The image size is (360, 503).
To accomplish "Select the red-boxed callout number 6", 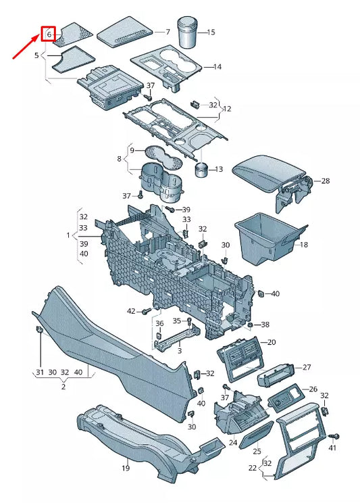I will pos(49,34).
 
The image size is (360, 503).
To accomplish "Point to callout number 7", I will pos(168,32).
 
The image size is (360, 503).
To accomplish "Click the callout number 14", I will pos(217,66).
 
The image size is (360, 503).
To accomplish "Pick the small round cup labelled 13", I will pos(201,168).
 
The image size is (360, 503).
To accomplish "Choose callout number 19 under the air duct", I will pos(126,468).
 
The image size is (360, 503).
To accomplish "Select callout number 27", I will pos(307,367).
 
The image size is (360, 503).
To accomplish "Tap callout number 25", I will pos(257,451).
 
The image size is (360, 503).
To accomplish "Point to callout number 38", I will pos(265,325).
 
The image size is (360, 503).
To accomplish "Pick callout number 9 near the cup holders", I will pos(132,149).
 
